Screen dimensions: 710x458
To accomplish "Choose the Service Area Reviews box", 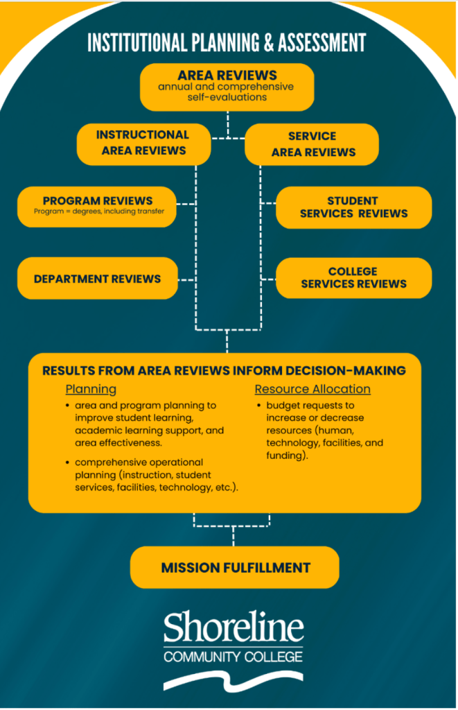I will click(312, 144).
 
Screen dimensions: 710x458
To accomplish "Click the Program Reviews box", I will click(98, 206).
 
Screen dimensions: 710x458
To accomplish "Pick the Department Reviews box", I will click(98, 279).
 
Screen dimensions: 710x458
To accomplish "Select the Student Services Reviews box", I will click(353, 207).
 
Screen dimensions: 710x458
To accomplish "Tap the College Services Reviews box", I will click(353, 278).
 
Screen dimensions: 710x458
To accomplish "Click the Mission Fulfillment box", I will click(235, 568).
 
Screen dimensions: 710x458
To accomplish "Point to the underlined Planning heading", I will click(91, 389).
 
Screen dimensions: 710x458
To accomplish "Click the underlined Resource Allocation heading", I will click(312, 389).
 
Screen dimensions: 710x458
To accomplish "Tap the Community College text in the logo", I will click(234, 656).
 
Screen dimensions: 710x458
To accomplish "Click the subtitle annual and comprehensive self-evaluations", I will click(226, 92).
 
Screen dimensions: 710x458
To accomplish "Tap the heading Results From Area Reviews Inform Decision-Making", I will click(224, 371).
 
